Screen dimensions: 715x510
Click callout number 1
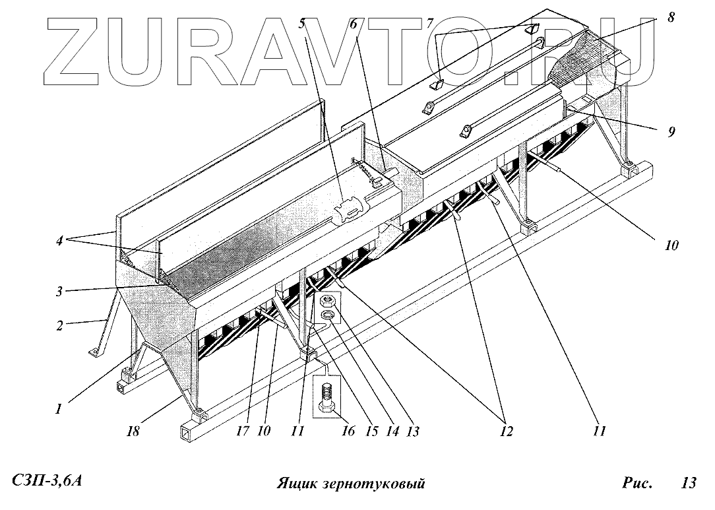pos(59,409)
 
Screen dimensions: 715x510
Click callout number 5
pos(303,24)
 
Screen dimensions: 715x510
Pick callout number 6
pos(354,24)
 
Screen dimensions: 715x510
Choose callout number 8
pos(671,18)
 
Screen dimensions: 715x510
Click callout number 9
pos(670,131)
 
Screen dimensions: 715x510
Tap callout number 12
pos(505,432)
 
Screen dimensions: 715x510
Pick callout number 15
pos(371,432)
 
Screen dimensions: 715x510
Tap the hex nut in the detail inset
pos(328,302)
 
